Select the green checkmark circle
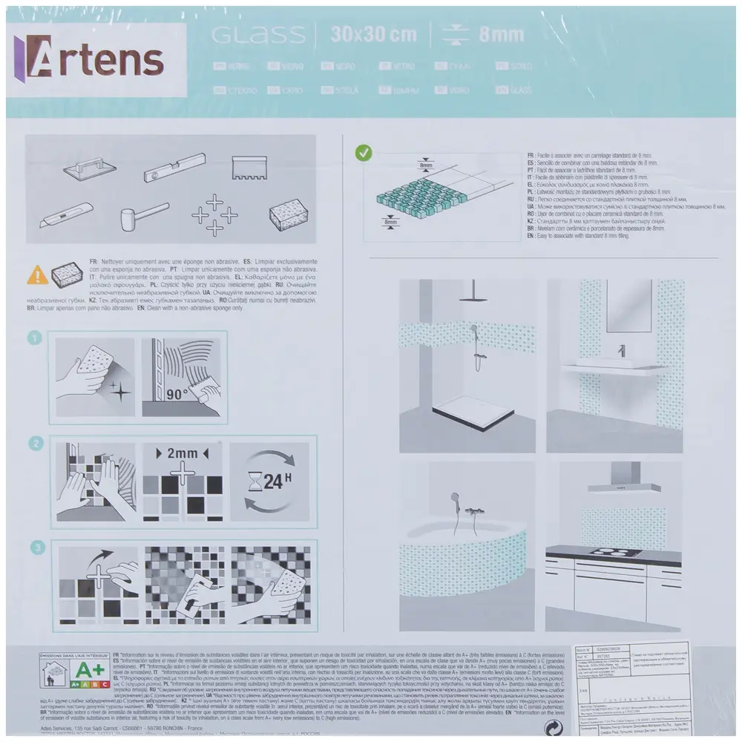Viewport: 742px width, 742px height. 364,154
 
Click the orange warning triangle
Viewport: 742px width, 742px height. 37,275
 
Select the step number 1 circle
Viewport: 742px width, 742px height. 33,338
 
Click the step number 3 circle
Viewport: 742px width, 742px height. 33,548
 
